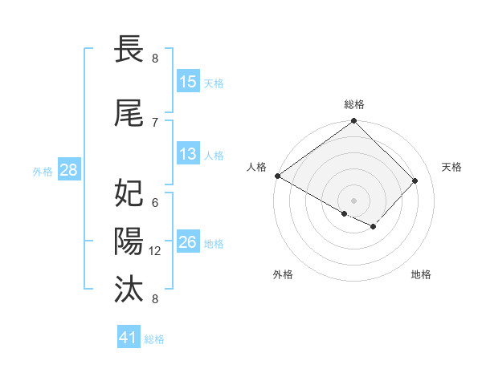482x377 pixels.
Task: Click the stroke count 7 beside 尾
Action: (155, 122)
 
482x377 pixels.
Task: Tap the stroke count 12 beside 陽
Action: (156, 250)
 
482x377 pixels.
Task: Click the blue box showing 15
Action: (188, 82)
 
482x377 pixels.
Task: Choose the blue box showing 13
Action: (188, 154)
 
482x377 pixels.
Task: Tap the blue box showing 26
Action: (188, 242)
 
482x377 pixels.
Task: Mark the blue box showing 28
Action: (68, 170)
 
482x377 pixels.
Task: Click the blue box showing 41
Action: (129, 338)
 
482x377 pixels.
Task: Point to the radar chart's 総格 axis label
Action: (354, 104)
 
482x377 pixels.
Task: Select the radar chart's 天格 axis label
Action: (452, 167)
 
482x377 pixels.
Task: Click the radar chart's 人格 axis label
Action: (256, 167)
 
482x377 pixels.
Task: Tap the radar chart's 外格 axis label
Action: (283, 274)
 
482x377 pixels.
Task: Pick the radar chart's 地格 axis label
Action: (421, 274)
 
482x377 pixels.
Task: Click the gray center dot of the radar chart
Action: (354, 200)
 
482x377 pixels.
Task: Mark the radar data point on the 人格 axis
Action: (278, 176)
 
